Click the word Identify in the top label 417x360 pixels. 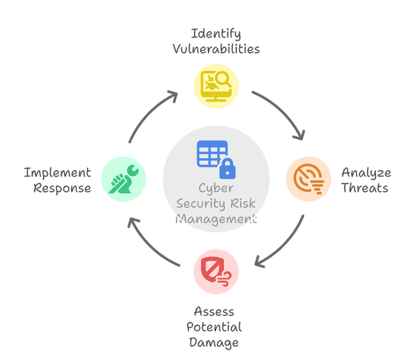tap(215, 33)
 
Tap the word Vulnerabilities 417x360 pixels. tap(215, 49)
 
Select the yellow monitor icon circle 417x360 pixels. tap(215, 85)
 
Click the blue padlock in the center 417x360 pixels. tap(226, 166)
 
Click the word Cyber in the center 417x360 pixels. tap(216, 188)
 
